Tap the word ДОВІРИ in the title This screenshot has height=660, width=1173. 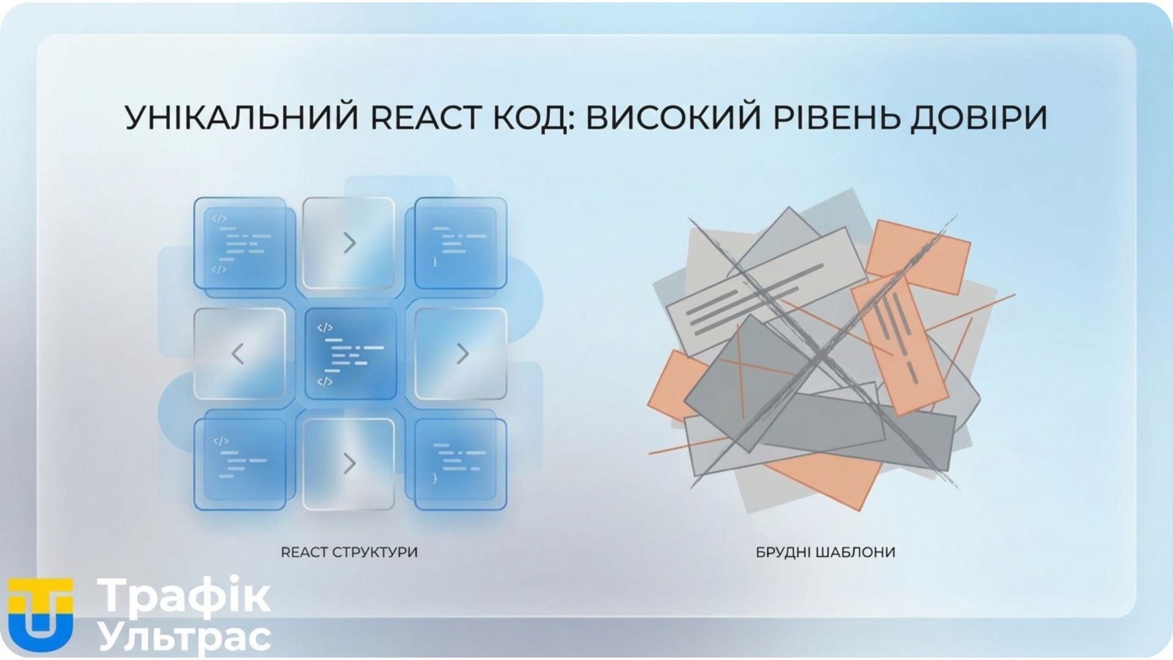pos(979,118)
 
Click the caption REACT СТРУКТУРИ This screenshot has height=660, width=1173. pos(349,552)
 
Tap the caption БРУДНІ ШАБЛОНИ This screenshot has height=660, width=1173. pos(825,552)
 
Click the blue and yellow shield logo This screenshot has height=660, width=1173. pos(40,614)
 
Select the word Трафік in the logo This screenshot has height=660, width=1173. pos(183,595)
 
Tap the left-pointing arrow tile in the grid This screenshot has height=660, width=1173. pos(239,354)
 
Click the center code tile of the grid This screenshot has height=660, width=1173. pos(351,354)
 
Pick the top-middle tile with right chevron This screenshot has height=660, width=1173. pos(349,243)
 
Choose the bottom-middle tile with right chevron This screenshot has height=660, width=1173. pos(349,464)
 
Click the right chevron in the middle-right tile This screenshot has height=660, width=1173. pos(463,354)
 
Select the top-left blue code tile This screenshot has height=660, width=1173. pos(240,243)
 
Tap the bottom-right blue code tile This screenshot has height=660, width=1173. pos(461,464)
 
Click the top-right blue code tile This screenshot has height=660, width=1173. pos(461,243)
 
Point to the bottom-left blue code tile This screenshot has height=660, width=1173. pos(240,464)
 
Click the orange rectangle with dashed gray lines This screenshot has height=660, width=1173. pos(899,345)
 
